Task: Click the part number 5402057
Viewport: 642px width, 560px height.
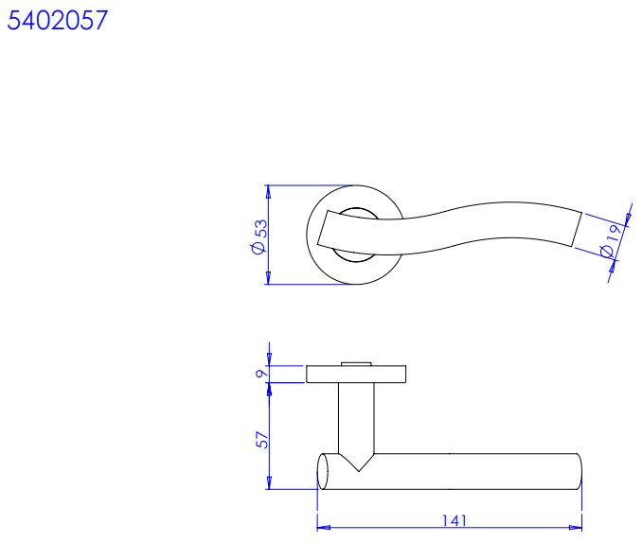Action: (58, 20)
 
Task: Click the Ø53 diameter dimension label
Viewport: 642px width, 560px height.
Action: (259, 236)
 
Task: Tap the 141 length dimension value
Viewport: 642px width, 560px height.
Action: (455, 520)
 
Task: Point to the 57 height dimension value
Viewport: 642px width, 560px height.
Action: (262, 440)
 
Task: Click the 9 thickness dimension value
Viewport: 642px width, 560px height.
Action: (260, 374)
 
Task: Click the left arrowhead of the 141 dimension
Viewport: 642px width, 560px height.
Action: (324, 528)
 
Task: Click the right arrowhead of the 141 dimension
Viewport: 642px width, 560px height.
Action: (576, 528)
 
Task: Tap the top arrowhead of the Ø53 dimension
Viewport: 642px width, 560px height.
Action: (268, 191)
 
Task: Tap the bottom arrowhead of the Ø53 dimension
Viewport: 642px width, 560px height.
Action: (268, 278)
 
